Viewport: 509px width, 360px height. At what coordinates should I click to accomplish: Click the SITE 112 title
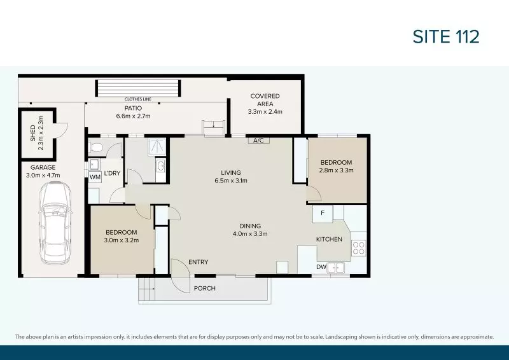tap(445, 37)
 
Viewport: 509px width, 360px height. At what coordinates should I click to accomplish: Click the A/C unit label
tap(259, 140)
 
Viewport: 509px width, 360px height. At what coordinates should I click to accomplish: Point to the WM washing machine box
tap(95, 177)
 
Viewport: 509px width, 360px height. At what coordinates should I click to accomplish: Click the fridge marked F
tap(323, 213)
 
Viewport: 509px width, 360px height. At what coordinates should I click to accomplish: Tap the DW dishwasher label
tap(321, 267)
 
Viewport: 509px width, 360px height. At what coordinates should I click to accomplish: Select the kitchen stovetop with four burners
tap(359, 247)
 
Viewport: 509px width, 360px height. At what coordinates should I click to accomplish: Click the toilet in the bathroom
tap(96, 148)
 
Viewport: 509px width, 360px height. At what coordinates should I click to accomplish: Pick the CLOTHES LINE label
tap(137, 100)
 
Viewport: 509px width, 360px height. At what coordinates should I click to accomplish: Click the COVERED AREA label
tap(265, 100)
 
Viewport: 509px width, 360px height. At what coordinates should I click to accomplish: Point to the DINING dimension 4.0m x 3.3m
tap(250, 233)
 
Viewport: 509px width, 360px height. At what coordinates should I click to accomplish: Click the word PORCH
tap(205, 288)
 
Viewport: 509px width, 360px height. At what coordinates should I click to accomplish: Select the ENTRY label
tap(198, 262)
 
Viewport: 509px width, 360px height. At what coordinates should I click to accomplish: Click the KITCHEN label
tap(329, 239)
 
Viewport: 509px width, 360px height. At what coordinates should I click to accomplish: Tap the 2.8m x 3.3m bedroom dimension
tap(337, 170)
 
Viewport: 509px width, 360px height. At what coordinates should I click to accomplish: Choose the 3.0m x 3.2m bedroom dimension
tap(122, 240)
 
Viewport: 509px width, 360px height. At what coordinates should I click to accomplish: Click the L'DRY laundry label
tap(113, 173)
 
